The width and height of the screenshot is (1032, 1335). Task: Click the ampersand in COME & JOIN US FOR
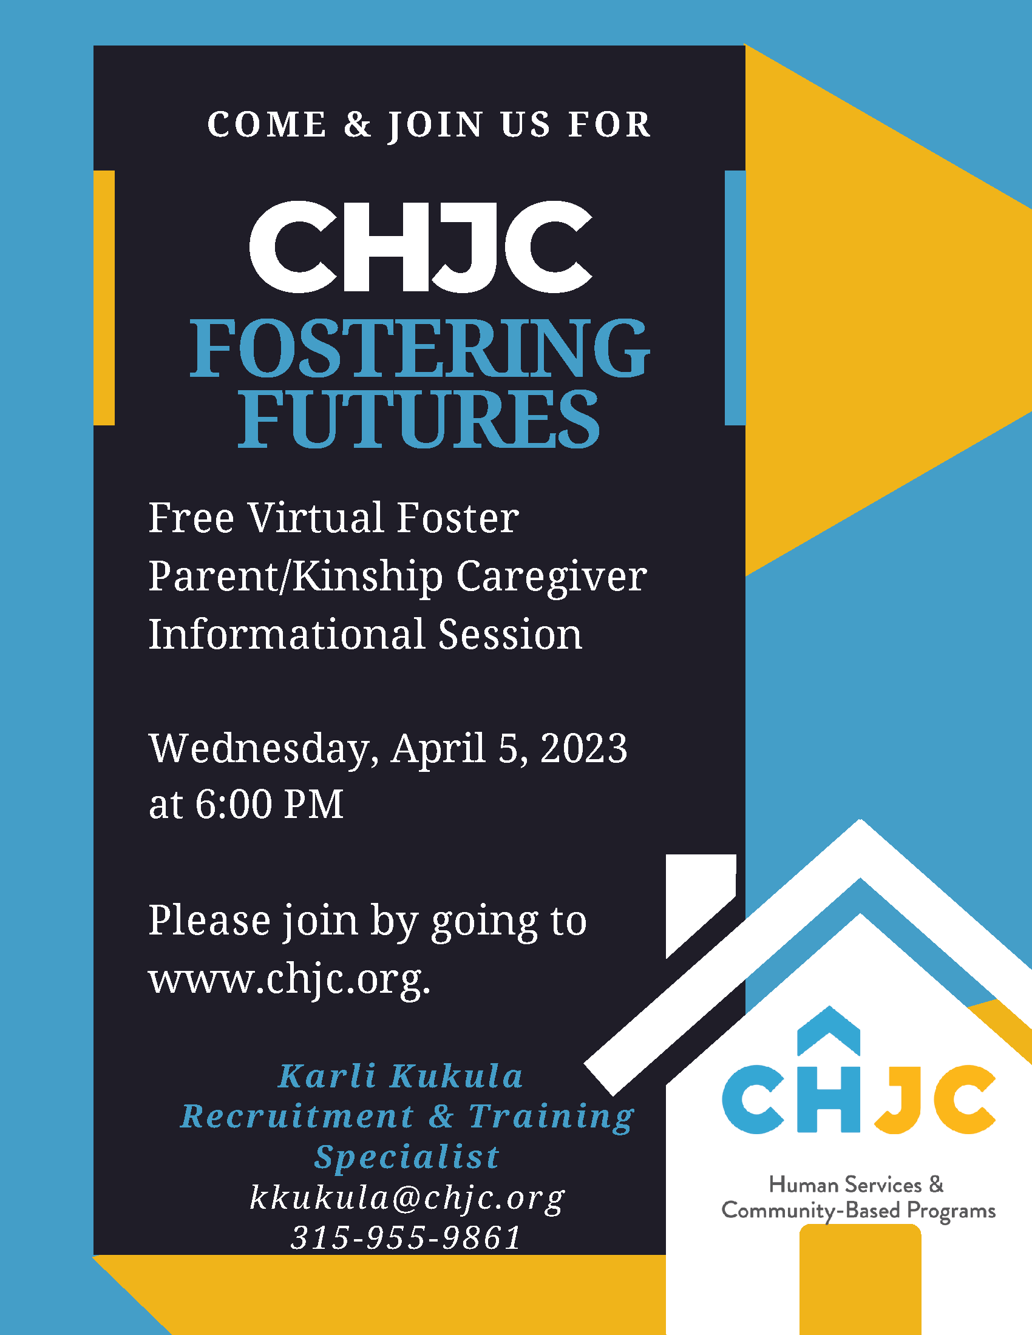pyautogui.click(x=358, y=124)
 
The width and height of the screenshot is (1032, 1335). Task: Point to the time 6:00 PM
pyautogui.click(x=269, y=805)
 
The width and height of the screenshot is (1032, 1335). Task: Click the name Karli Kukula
pyautogui.click(x=401, y=1076)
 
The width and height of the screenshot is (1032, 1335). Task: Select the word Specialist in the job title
pyautogui.click(x=407, y=1157)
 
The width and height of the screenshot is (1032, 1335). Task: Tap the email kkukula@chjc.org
pyautogui.click(x=407, y=1198)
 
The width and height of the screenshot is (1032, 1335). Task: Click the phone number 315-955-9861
pyautogui.click(x=406, y=1239)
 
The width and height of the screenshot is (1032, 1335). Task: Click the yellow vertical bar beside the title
pyautogui.click(x=104, y=297)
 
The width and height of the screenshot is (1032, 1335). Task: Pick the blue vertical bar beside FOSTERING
pyautogui.click(x=735, y=297)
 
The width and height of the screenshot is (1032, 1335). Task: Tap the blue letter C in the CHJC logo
pyautogui.click(x=753, y=1100)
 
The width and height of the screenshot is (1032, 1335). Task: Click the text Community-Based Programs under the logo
pyautogui.click(x=858, y=1211)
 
